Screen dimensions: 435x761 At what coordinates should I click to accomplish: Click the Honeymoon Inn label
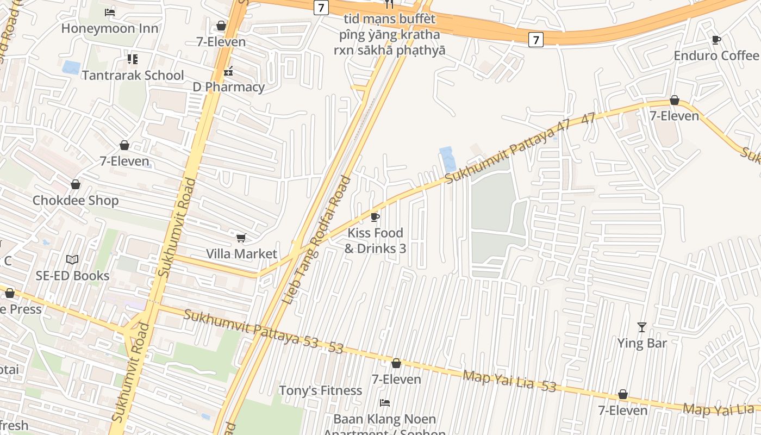pyautogui.click(x=110, y=28)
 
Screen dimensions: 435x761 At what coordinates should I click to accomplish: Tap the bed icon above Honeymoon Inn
pyautogui.click(x=110, y=12)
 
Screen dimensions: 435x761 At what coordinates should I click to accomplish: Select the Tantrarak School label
pyautogui.click(x=133, y=75)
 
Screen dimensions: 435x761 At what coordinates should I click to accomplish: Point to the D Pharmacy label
pyautogui.click(x=229, y=87)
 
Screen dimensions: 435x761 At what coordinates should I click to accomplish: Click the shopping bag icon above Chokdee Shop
pyautogui.click(x=76, y=184)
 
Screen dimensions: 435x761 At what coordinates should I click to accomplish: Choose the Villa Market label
pyautogui.click(x=241, y=254)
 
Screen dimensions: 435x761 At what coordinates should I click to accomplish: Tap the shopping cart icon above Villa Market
pyautogui.click(x=241, y=238)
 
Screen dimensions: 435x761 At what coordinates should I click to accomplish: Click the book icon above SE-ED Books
pyautogui.click(x=72, y=259)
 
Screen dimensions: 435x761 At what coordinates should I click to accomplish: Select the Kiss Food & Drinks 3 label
pyautogui.click(x=375, y=240)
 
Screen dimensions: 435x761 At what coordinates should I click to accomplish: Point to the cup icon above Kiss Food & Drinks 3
pyautogui.click(x=375, y=217)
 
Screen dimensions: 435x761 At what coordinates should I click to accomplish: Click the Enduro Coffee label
pyautogui.click(x=716, y=55)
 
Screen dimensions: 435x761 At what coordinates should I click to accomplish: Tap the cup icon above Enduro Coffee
pyautogui.click(x=716, y=39)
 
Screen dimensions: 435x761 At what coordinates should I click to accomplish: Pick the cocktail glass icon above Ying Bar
pyautogui.click(x=642, y=327)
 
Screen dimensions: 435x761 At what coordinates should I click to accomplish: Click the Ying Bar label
pyautogui.click(x=642, y=343)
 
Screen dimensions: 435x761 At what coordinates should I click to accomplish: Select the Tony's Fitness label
pyautogui.click(x=320, y=390)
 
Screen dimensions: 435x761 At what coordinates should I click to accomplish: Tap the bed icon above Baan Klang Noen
pyautogui.click(x=385, y=403)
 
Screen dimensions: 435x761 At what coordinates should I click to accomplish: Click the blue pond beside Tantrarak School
pyautogui.click(x=71, y=67)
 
